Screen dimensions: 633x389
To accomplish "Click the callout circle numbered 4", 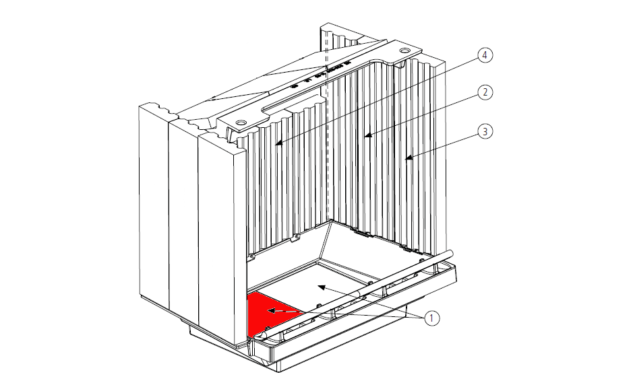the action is [485, 55].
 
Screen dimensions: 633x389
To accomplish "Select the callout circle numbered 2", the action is [485, 92].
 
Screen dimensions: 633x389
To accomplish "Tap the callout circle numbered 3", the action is [485, 131].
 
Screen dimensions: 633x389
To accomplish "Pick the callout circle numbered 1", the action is [431, 318].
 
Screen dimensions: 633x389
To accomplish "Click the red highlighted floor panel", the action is [270, 314].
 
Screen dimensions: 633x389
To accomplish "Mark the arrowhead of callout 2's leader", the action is [368, 136].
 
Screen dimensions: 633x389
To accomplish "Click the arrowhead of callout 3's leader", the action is [409, 158].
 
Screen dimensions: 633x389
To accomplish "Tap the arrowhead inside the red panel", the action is [271, 311].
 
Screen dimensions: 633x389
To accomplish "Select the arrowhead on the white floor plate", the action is [322, 287].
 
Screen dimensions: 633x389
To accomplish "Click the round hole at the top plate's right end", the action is [404, 50].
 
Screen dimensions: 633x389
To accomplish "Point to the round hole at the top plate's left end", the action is [241, 122].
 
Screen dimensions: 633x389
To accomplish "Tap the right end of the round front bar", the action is [450, 253].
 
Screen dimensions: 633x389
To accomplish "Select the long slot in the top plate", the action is [293, 102].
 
